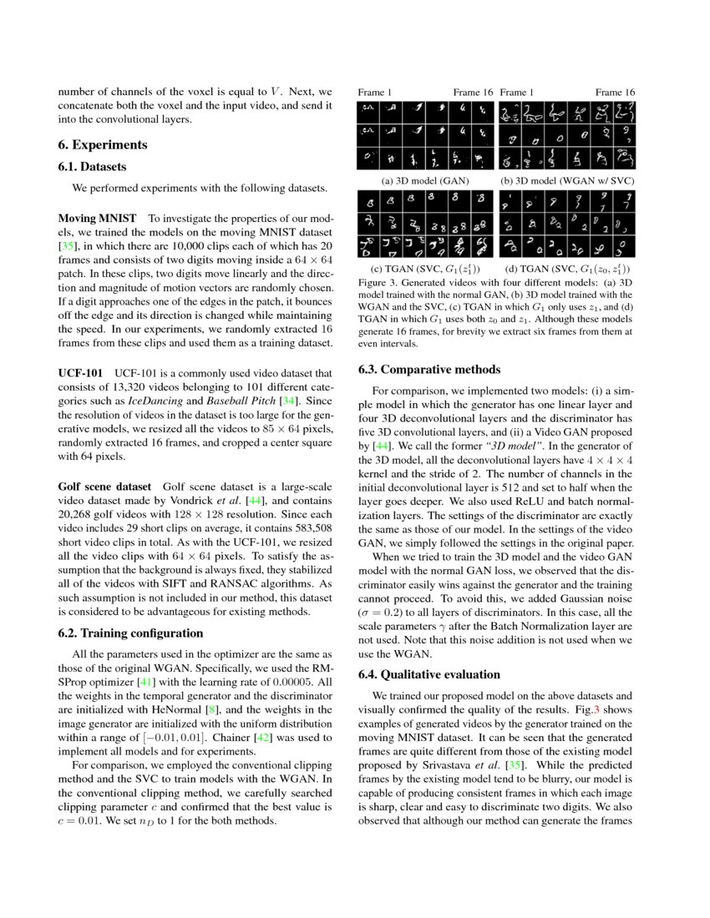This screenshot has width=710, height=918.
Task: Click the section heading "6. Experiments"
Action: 103,144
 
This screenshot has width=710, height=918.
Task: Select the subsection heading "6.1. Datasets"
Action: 92,167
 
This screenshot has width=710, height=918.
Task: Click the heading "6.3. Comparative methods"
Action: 429,369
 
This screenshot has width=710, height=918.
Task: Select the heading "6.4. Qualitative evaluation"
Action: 429,674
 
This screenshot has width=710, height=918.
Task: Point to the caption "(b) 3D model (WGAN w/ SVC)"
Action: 567,180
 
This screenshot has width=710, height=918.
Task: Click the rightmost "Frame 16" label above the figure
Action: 615,92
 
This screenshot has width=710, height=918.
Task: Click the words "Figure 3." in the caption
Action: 377,283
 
